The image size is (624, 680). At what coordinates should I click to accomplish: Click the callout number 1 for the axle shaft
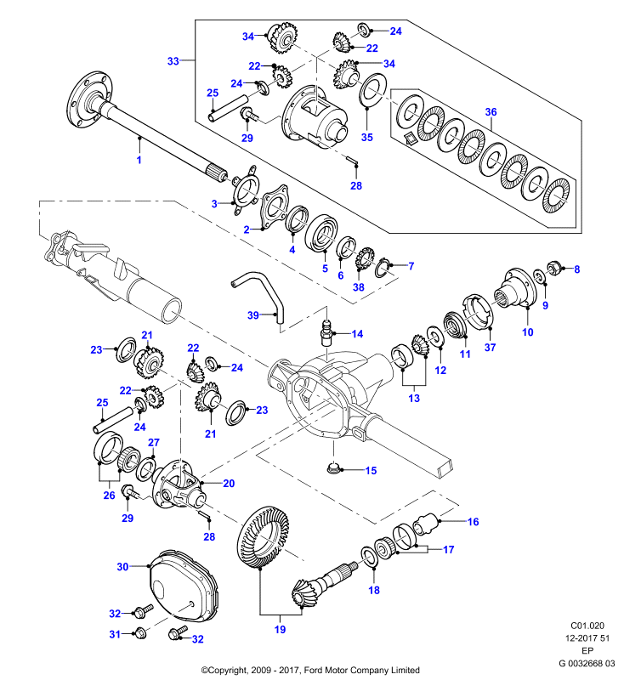coord(139,160)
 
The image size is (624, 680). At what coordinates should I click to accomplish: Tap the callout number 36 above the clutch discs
coord(491,112)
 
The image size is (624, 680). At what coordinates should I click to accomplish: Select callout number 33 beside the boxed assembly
coord(173,61)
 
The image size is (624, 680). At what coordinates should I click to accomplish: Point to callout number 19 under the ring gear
coord(281,629)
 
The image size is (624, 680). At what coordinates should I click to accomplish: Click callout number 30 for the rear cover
coord(122,567)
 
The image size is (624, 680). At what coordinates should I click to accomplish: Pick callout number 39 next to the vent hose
coord(253,315)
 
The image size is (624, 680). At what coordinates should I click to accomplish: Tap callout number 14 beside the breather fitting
coord(357,334)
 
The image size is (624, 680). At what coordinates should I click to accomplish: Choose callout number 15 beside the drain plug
coord(371,471)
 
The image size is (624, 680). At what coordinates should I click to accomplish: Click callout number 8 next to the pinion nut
coord(576,269)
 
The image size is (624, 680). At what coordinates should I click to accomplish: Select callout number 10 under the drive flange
coord(527,332)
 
